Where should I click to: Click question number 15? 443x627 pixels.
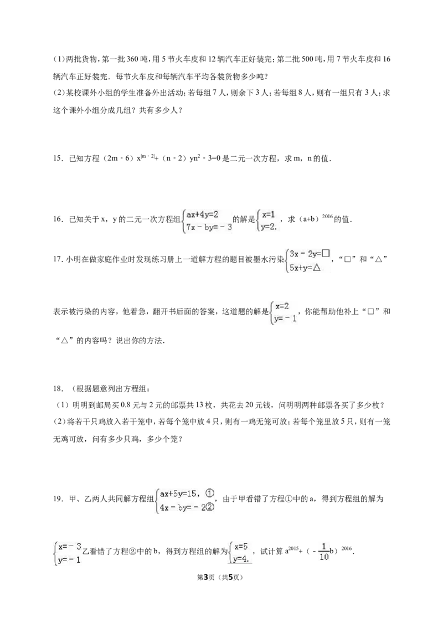[58, 158]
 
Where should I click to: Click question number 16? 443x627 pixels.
[58, 219]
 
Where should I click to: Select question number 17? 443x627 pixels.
[58, 259]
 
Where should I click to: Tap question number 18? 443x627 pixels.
[58, 389]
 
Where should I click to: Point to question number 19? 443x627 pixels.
[58, 498]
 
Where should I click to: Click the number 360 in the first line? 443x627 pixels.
[132, 59]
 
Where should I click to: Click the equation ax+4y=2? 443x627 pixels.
[202, 214]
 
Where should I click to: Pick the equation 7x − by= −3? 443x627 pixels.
[209, 228]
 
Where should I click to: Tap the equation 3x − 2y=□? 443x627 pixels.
[310, 254]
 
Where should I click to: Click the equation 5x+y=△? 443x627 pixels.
[305, 268]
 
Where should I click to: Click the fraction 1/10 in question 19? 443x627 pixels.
[324, 552]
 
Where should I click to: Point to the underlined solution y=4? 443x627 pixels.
[241, 559]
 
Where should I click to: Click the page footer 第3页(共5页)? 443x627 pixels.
[221, 577]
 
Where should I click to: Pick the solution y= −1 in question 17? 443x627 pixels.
[285, 318]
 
